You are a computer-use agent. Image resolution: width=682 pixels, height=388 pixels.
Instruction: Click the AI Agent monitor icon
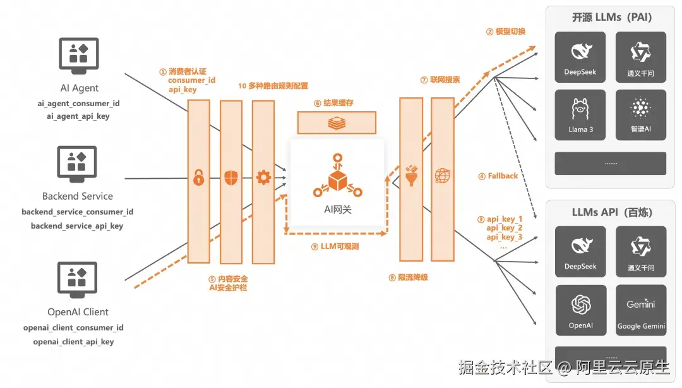tap(79, 56)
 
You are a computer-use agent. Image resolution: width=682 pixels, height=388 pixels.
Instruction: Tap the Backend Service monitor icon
tap(77, 164)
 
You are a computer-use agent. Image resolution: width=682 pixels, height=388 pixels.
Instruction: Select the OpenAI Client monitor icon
tap(77, 279)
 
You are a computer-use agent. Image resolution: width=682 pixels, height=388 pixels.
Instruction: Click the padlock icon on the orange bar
tap(199, 178)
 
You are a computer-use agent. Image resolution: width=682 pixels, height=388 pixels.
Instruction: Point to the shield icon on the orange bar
tap(231, 178)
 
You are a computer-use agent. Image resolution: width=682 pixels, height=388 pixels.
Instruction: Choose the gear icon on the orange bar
tap(263, 178)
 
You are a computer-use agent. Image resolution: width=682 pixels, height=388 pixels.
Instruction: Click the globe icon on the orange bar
tap(442, 176)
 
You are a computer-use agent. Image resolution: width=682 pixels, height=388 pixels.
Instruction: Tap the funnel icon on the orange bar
tap(411, 176)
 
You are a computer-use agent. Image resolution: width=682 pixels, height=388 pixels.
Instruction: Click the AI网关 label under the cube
tap(337, 209)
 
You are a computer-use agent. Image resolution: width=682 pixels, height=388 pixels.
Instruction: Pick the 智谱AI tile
tap(641, 115)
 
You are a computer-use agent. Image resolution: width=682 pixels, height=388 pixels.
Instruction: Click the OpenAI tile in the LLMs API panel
tap(581, 310)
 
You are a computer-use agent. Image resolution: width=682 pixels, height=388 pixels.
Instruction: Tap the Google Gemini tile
tap(641, 310)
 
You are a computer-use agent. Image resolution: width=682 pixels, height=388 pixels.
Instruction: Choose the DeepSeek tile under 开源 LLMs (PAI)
tap(580, 57)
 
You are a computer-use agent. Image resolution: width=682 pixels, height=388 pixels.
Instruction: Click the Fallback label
tap(503, 176)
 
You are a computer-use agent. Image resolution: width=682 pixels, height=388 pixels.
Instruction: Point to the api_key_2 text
tap(505, 227)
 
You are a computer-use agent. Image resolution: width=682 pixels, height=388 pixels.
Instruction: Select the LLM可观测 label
tap(340, 246)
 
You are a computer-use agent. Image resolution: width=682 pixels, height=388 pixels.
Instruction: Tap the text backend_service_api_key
tap(77, 226)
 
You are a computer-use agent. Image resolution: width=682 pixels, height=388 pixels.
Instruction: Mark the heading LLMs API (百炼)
tap(612, 212)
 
